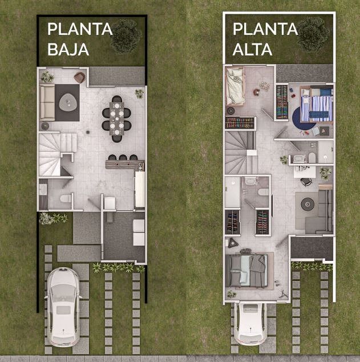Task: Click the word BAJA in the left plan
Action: [68, 49]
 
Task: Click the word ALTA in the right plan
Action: [252, 49]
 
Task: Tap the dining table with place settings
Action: [117, 119]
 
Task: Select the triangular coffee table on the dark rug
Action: [68, 102]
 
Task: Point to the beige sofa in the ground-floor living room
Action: [47, 103]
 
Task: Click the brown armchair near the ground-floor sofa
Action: [80, 77]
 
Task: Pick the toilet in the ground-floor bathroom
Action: [66, 199]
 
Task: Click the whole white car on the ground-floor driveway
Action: [63, 307]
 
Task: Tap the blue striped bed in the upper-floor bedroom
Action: [317, 104]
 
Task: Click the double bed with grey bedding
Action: [247, 271]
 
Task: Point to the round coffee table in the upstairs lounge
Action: [308, 204]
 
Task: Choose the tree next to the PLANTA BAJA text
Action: [126, 36]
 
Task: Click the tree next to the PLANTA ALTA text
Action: [313, 34]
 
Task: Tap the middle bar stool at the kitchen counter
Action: [123, 158]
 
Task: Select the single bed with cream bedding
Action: [235, 86]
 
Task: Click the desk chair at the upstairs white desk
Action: [306, 182]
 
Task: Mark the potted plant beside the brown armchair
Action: [47, 77]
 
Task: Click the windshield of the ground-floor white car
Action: [63, 292]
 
